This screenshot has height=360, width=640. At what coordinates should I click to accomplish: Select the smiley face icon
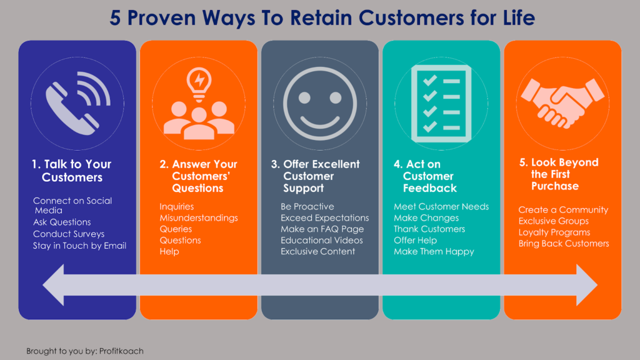pyautogui.click(x=320, y=102)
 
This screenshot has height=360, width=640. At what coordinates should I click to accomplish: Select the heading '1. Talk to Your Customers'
pyautogui.click(x=71, y=171)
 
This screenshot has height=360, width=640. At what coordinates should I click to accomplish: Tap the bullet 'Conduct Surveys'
pyautogui.click(x=69, y=234)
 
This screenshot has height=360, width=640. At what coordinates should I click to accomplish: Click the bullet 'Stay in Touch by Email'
pyautogui.click(x=79, y=246)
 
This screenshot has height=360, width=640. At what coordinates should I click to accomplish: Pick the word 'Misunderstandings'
pyautogui.click(x=199, y=218)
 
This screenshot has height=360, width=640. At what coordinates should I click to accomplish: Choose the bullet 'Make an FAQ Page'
pyautogui.click(x=322, y=229)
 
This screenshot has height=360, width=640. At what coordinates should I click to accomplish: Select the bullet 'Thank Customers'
pyautogui.click(x=429, y=229)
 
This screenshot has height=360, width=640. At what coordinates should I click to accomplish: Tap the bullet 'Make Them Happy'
pyautogui.click(x=434, y=252)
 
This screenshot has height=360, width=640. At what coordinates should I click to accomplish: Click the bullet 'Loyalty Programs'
pyautogui.click(x=554, y=232)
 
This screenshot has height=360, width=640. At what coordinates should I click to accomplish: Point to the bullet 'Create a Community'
pyautogui.click(x=563, y=210)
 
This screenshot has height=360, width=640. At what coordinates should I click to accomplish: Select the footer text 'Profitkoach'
pyautogui.click(x=122, y=351)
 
